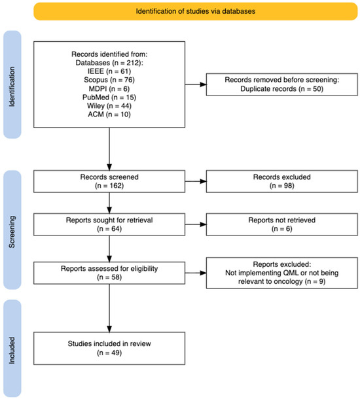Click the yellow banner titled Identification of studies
click(196, 11)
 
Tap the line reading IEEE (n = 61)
click(109, 71)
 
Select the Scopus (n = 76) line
click(109, 80)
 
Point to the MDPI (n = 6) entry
click(109, 88)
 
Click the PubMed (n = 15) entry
click(109, 97)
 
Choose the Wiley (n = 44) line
click(109, 106)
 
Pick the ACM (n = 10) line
click(109, 114)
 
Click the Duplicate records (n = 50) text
click(282, 89)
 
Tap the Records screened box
click(109, 181)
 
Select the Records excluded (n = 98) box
click(282, 181)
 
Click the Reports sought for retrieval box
click(109, 224)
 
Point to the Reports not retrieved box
click(282, 224)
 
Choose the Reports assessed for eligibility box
click(109, 273)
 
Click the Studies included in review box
click(109, 349)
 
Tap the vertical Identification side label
click(12, 87)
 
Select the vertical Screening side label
click(12, 232)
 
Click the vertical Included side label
click(12, 351)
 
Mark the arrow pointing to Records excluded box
click(196, 181)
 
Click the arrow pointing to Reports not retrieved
click(196, 224)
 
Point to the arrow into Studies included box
click(109, 308)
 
